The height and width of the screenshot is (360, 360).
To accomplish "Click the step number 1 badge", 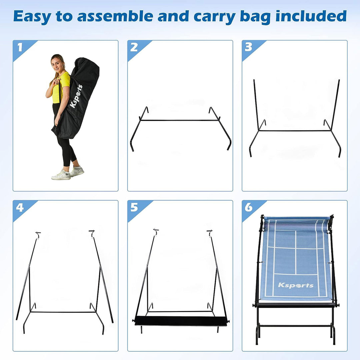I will coord(20,48).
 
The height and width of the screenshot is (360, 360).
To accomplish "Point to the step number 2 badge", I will coord(134,48).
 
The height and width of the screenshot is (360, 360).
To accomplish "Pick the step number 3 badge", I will coord(249,48).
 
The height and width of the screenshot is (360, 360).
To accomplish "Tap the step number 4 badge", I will coord(20,208).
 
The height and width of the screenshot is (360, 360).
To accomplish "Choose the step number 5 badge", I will coord(134,208).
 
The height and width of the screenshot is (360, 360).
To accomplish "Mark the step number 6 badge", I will coord(249,208).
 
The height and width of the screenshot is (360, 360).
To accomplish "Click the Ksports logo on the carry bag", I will coord(76,96).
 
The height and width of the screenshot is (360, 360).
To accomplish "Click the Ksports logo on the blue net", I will coord(296,285).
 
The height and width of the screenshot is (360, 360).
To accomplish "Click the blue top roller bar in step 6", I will coord(296,219).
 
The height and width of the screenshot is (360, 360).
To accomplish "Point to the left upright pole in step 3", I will coord(256,103).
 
